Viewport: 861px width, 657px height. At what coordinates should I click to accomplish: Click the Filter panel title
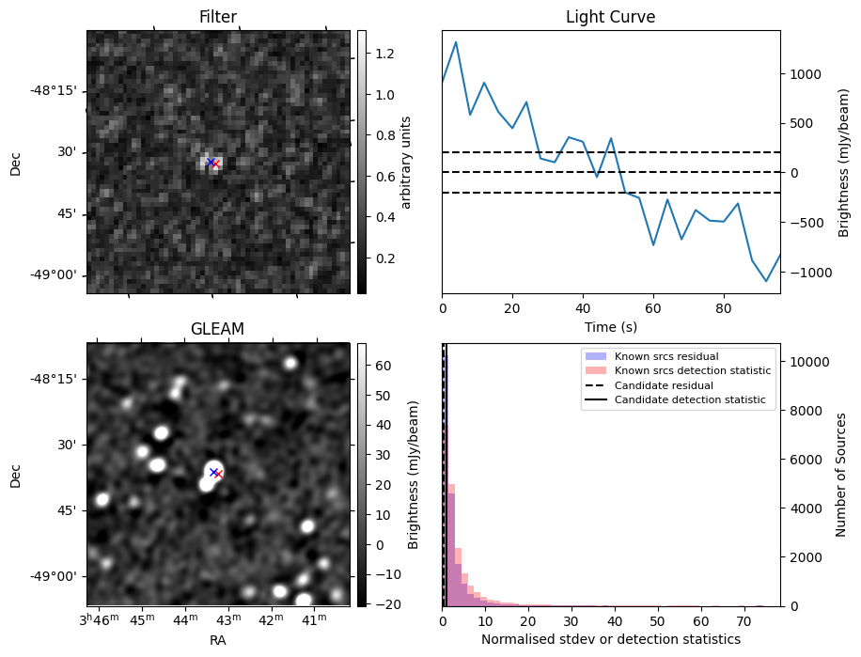pos(218,17)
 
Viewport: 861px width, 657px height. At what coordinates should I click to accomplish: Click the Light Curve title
pos(610,17)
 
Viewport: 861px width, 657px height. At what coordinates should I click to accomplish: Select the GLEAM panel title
pos(217,329)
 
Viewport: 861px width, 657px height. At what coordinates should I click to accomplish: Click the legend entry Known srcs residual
pos(665,356)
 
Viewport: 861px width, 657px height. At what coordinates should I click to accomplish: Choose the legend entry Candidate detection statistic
pos(690,400)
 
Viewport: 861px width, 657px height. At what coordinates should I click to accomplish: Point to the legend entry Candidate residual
pos(664,385)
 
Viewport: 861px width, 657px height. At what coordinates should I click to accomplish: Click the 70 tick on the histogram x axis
pos(744,621)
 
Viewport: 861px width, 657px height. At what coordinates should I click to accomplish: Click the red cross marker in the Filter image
pos(215,164)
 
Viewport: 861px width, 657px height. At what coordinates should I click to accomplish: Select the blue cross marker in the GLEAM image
pos(213,472)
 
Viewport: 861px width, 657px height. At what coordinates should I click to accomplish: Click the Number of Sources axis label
pos(841,475)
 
